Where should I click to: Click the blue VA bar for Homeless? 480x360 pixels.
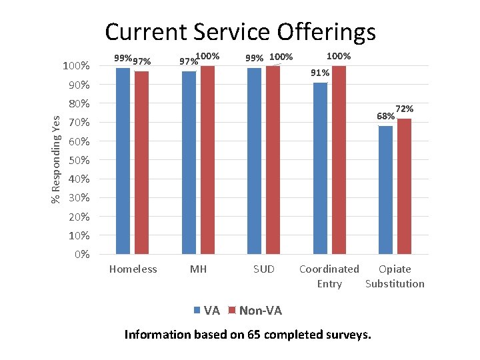123,160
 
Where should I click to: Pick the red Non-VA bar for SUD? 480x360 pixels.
273,160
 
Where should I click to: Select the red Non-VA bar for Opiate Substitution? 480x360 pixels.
404,186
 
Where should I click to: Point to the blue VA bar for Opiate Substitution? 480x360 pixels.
385,190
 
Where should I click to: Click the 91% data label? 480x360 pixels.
320,73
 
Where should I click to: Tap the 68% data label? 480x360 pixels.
385,117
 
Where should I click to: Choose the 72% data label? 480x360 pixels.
405,109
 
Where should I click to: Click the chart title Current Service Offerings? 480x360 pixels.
240,32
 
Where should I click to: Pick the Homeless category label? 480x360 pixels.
133,269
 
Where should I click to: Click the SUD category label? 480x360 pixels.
263,269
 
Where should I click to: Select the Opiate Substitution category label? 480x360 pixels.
395,277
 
